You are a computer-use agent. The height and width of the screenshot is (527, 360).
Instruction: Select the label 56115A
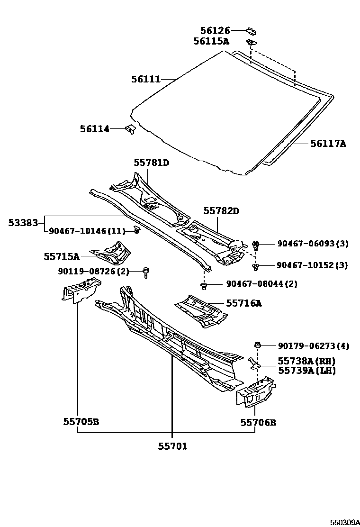click(211, 41)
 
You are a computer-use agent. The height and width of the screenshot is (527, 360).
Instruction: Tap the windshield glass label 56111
click(146, 79)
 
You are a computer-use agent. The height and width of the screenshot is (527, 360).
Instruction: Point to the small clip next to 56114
click(130, 128)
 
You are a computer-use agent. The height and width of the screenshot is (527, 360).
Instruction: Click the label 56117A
click(328, 143)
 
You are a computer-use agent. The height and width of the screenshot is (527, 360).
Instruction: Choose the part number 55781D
click(151, 163)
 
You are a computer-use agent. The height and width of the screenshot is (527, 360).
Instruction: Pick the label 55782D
click(222, 210)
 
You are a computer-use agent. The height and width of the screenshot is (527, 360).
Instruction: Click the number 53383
click(23, 221)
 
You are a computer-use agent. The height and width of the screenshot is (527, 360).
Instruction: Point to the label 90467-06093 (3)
click(313, 244)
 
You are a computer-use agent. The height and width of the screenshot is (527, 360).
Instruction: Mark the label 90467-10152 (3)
click(313, 265)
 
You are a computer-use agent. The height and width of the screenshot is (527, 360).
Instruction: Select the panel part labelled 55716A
click(201, 310)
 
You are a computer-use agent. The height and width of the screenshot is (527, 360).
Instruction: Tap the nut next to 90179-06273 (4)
click(258, 345)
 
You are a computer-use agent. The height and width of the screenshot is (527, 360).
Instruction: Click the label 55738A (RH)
click(306, 361)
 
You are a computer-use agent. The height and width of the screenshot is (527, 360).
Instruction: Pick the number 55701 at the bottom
click(172, 446)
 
